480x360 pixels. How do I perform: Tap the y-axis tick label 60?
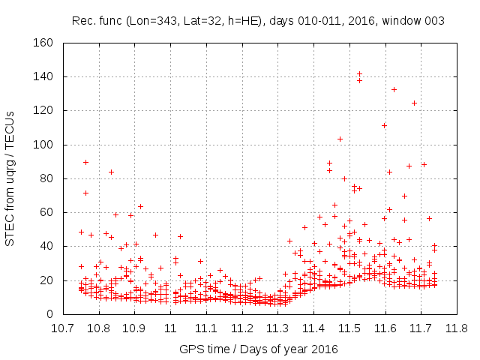tap(47, 212)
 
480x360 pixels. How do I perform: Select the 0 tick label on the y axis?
tap(50, 314)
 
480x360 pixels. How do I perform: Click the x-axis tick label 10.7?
tap(62, 328)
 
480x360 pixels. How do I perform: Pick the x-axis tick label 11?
tap(169, 328)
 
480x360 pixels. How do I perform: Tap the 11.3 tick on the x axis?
tap(277, 328)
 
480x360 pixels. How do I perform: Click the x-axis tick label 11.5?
tap(349, 328)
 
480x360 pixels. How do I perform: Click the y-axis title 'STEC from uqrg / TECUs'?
tap(10, 178)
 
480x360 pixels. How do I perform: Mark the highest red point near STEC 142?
tap(360, 73)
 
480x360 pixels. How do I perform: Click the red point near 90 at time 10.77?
tap(85, 162)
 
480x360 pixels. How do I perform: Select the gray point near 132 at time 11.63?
tap(394, 89)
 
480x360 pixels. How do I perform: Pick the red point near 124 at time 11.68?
tap(414, 103)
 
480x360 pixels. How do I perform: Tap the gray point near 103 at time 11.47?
tap(340, 139)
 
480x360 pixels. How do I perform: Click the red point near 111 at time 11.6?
tap(384, 125)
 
